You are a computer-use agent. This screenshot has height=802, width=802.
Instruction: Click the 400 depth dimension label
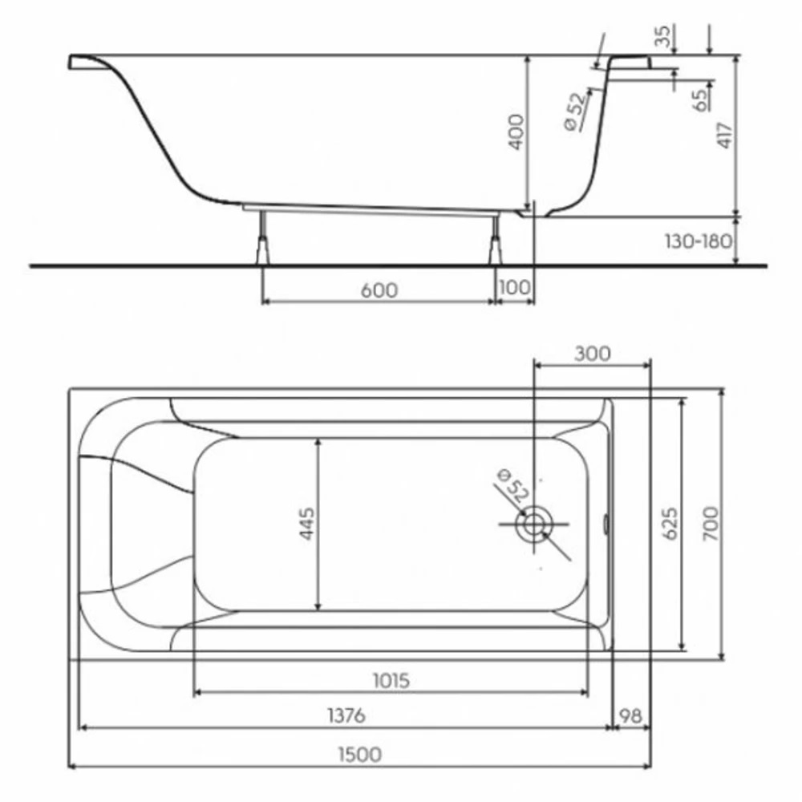(516, 132)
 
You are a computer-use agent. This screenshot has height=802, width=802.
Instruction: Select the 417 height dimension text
(723, 134)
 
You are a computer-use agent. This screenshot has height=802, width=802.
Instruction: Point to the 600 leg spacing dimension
(379, 290)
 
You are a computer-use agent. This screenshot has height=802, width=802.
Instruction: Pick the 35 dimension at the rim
(662, 36)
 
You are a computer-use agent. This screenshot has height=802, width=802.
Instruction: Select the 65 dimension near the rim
(699, 99)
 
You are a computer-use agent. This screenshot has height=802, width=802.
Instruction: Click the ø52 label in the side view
(575, 111)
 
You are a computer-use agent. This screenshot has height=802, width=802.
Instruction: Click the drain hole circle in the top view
(533, 525)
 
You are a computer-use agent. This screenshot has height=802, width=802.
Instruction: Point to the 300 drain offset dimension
(593, 354)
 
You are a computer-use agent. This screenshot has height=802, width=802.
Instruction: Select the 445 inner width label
(307, 523)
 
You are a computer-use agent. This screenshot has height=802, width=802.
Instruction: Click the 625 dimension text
(670, 523)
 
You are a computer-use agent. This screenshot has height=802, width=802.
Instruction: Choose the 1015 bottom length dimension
(391, 681)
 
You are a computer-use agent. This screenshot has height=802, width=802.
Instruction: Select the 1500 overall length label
(358, 754)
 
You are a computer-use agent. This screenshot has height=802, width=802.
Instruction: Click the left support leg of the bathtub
(261, 238)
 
